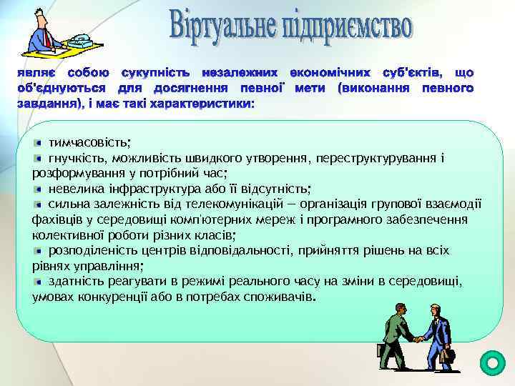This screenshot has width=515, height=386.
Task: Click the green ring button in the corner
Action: pyautogui.click(x=491, y=362)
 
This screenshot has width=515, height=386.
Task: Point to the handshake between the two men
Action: pyautogui.click(x=415, y=338)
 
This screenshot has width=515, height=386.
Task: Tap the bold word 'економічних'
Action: pyautogui.click(x=330, y=73)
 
